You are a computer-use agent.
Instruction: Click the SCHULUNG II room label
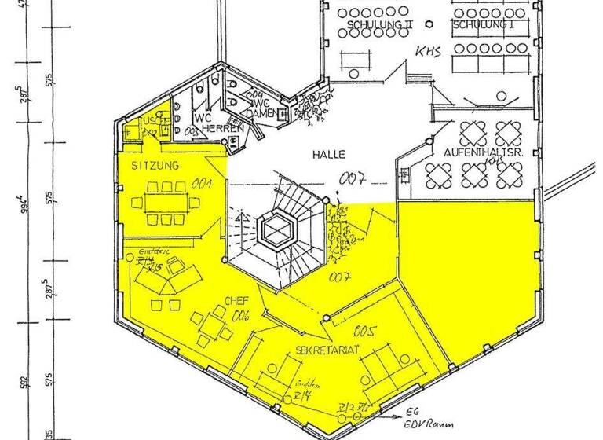click(x=375, y=25)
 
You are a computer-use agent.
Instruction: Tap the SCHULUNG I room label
click(x=483, y=25)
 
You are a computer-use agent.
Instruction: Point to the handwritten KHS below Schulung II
click(x=429, y=52)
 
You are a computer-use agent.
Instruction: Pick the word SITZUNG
click(x=156, y=166)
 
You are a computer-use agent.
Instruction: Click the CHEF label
click(x=236, y=300)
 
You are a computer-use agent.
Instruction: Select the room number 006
click(x=239, y=316)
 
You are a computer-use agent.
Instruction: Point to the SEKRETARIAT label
click(x=327, y=348)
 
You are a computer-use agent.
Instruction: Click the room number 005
click(x=366, y=330)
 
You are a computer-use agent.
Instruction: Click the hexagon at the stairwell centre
click(x=276, y=229)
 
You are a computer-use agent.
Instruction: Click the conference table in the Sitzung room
click(x=166, y=201)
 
